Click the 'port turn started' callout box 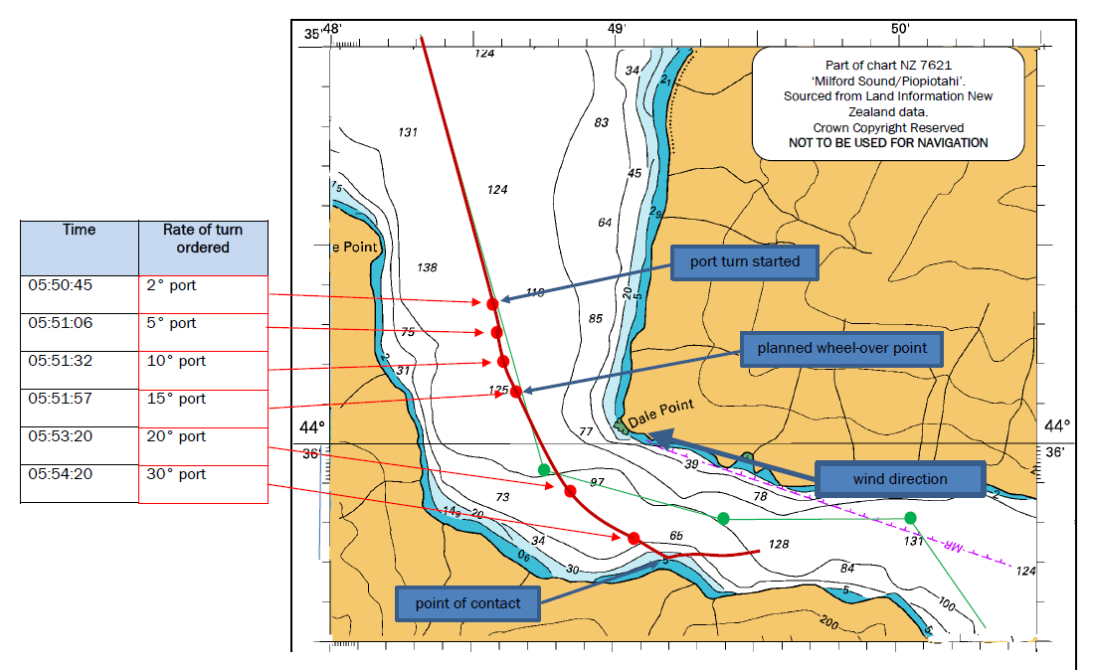745,263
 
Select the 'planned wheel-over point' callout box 841,349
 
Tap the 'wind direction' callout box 899,480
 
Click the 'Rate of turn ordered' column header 203,239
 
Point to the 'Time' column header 79,230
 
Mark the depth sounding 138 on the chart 427,267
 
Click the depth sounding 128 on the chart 778,545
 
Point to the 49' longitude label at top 617,29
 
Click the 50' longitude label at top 900,29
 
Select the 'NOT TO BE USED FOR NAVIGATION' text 888,143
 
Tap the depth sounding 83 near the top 601,123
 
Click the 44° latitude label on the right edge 1057,425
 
